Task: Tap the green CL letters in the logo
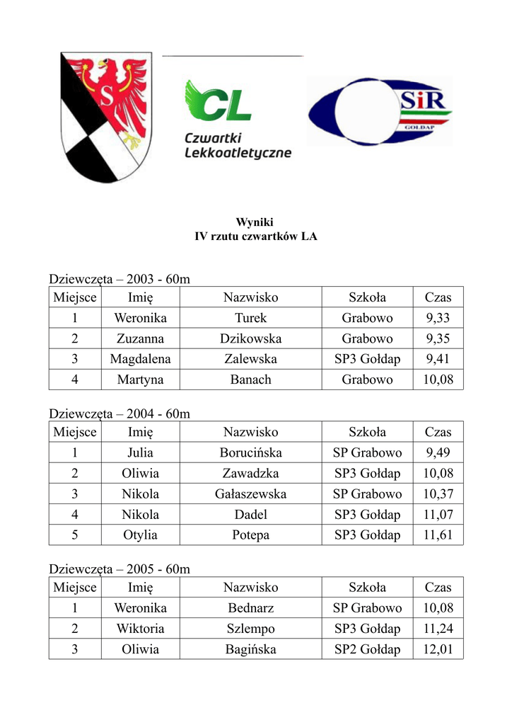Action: pos(218,103)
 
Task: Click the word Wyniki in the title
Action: pos(255,222)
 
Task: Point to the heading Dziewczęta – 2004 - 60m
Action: pos(120,413)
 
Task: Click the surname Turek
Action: pos(250,318)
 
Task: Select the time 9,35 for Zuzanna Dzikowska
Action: pos(438,338)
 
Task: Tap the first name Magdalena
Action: pos(140,359)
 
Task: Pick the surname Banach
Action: pos(250,379)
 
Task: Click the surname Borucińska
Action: pos(250,452)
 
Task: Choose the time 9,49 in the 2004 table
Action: pos(438,452)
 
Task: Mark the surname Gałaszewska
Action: pos(250,493)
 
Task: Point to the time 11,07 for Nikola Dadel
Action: pos(438,515)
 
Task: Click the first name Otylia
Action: pos(140,535)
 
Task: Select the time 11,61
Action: pos(438,535)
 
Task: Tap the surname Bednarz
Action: pos(250,607)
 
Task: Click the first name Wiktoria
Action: pos(140,629)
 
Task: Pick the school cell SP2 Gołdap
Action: pos(367,649)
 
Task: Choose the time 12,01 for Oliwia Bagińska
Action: pos(438,649)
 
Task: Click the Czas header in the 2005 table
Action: pos(438,587)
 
